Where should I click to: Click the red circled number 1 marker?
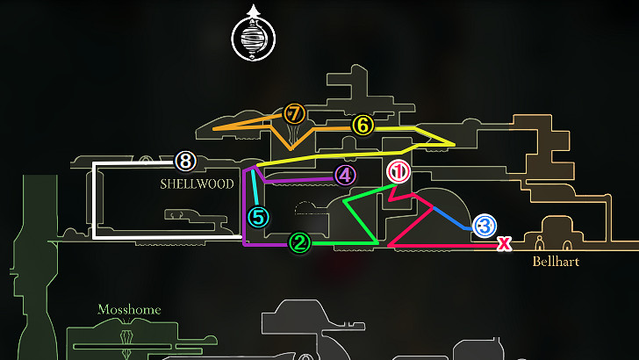pyautogui.click(x=398, y=171)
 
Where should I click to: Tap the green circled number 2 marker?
pyautogui.click(x=300, y=243)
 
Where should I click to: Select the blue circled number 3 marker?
pyautogui.click(x=485, y=226)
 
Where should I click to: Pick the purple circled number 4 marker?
pyautogui.click(x=345, y=176)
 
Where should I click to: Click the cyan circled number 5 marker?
pyautogui.click(x=259, y=217)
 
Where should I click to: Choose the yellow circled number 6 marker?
pyautogui.click(x=363, y=125)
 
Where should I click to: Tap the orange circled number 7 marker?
pyautogui.click(x=294, y=114)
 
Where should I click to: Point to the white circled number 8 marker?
pyautogui.click(x=185, y=161)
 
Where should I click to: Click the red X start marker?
pyautogui.click(x=505, y=243)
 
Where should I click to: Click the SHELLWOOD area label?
pyautogui.click(x=197, y=184)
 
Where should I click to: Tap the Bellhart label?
pyautogui.click(x=556, y=262)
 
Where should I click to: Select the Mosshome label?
pyautogui.click(x=129, y=310)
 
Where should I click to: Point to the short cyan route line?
pyautogui.click(x=255, y=188)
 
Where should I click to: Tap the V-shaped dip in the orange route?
pyautogui.click(x=291, y=148)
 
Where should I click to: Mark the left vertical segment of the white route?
pyautogui.click(x=95, y=200)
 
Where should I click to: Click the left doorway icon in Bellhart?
pyautogui.click(x=540, y=243)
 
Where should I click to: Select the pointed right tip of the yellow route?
pyautogui.click(x=455, y=144)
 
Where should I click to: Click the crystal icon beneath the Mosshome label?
pyautogui.click(x=126, y=338)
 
